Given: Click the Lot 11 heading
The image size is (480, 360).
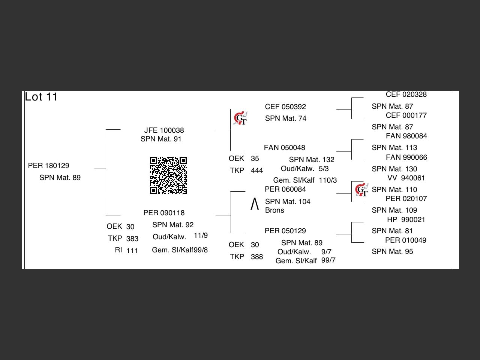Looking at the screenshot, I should [x=41, y=97].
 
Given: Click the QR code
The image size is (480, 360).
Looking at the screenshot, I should [x=168, y=175].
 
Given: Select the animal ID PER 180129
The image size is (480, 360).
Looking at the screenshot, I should [x=49, y=166].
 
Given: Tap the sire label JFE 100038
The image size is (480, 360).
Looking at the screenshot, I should [x=164, y=130].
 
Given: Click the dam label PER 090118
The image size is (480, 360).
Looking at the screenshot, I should [x=164, y=213].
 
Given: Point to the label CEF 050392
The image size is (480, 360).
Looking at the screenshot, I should [x=285, y=107].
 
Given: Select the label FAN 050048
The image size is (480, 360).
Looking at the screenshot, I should [x=284, y=148].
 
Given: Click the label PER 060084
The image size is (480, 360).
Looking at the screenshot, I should [x=285, y=189].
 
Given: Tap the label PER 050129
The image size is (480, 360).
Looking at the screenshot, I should [x=285, y=231].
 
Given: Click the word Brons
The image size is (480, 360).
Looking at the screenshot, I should [x=274, y=210].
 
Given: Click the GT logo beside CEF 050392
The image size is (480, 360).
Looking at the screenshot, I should [x=240, y=118].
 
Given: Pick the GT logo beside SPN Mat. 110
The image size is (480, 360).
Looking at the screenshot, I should [x=361, y=190].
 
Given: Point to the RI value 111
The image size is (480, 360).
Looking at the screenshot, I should [x=132, y=251].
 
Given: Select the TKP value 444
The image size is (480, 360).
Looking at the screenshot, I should [x=257, y=171].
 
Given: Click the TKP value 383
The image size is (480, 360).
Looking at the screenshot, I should [x=132, y=239].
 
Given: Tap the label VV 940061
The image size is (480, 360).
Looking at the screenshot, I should [x=406, y=178].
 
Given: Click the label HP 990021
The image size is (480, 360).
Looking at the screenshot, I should [x=406, y=220].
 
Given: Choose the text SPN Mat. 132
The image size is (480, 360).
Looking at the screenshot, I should [x=312, y=160].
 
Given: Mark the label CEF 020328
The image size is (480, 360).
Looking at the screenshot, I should [x=406, y=95].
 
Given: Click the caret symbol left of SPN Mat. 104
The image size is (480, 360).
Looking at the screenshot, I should [x=255, y=204].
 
